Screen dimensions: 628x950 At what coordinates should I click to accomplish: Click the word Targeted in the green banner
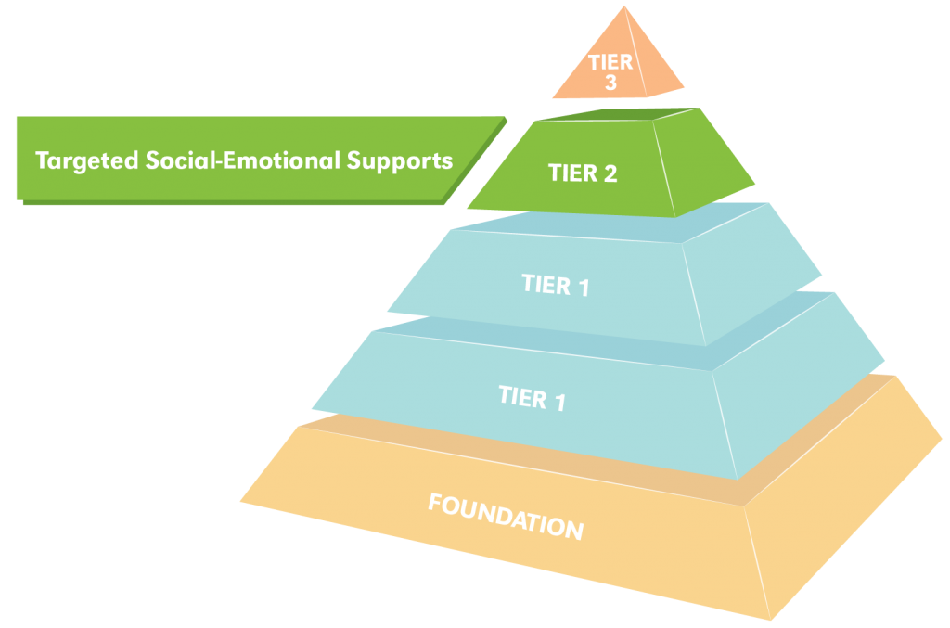pos(87,160)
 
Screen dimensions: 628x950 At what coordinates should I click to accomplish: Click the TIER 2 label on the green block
pos(582,173)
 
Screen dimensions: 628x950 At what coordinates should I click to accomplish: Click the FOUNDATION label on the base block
pos(506,515)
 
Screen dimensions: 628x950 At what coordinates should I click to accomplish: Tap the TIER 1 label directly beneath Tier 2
pos(555,285)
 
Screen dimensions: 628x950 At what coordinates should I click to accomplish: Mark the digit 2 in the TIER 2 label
pos(609,173)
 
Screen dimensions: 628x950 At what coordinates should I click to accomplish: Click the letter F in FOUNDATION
pos(434,503)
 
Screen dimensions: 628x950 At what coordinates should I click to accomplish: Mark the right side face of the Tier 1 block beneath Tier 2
pos(751,278)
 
